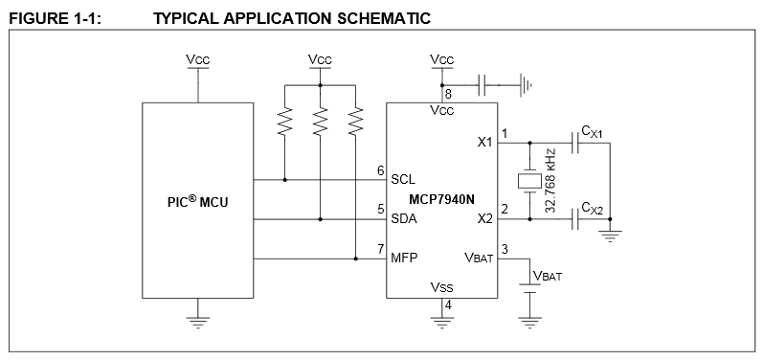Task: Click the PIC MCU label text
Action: click(x=197, y=201)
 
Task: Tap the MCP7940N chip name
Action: click(x=441, y=199)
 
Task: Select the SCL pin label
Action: click(x=403, y=179)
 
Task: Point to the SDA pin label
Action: click(x=404, y=219)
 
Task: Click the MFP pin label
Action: click(x=404, y=258)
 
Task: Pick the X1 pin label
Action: click(x=484, y=142)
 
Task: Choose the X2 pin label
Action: click(x=484, y=219)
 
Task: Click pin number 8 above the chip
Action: click(x=448, y=94)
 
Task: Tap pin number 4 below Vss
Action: click(x=448, y=305)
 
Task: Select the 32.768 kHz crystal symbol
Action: click(x=529, y=181)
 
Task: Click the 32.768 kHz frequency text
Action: click(x=550, y=181)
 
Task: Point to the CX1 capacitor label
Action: click(x=592, y=132)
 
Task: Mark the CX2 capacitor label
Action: click(x=592, y=209)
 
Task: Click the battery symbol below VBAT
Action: click(x=529, y=288)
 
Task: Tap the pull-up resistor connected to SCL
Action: click(x=284, y=122)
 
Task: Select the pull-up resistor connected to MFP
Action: click(x=356, y=122)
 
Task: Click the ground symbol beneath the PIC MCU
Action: click(x=198, y=323)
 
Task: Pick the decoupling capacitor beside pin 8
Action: click(x=482, y=85)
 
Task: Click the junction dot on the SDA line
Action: click(x=320, y=219)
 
